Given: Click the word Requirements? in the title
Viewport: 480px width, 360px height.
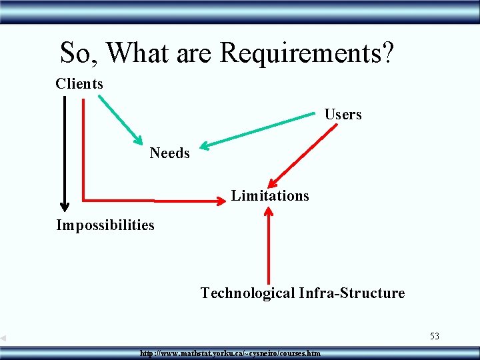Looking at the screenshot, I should tap(306, 51).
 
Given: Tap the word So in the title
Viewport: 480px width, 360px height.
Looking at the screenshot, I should tap(78, 51).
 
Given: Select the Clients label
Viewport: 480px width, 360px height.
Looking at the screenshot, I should tap(79, 84).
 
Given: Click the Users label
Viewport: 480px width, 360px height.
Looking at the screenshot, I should tap(343, 115).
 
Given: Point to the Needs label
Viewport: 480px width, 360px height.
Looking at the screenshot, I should tap(169, 153).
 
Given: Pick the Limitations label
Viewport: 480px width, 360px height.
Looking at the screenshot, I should tap(270, 196).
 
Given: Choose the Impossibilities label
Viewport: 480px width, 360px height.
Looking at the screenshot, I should tap(105, 225).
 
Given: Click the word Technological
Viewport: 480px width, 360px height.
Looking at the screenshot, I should tap(247, 293).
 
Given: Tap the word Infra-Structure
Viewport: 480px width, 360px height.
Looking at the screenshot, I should tap(352, 293).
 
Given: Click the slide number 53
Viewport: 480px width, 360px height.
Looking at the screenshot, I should tap(434, 336).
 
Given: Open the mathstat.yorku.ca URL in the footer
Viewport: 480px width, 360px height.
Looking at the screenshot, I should tap(230, 353).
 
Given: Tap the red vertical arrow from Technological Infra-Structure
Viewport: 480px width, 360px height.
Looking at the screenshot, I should tap(269, 247).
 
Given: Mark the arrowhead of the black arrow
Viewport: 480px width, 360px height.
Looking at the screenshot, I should tap(65, 205).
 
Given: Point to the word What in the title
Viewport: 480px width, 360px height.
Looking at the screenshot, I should tap(139, 51).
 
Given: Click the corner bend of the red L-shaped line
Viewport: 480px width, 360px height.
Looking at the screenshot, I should tap(83, 199).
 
